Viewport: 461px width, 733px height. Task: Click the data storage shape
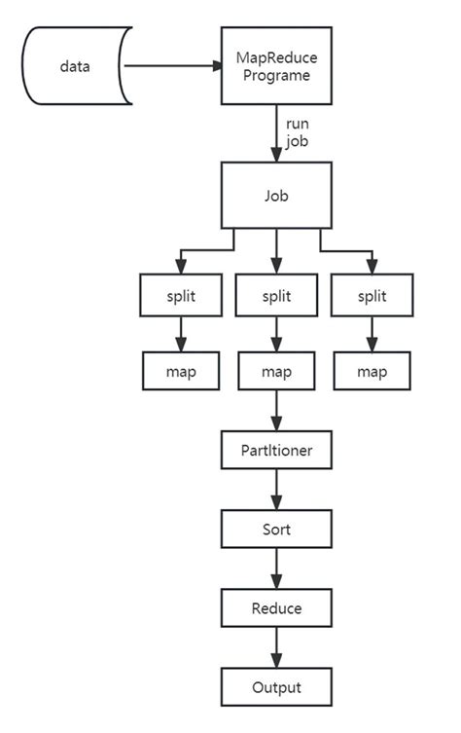[x=75, y=66]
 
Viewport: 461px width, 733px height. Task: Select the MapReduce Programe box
[x=277, y=65]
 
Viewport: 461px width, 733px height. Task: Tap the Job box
[x=277, y=195]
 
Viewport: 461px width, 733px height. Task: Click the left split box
[x=181, y=295]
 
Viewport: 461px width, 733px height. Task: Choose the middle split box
[x=277, y=295]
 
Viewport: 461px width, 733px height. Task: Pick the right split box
[x=372, y=295]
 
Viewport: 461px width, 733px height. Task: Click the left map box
[x=181, y=371]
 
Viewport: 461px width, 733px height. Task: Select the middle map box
[x=277, y=371]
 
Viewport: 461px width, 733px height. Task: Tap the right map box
[x=372, y=371]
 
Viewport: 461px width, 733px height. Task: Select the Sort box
[x=277, y=531]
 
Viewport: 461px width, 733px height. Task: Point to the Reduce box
[x=277, y=608]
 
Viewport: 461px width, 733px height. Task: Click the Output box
[x=277, y=686]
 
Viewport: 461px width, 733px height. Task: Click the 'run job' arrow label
[x=298, y=131]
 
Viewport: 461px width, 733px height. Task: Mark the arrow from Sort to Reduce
[x=277, y=569]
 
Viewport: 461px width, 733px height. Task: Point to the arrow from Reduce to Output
[x=277, y=647]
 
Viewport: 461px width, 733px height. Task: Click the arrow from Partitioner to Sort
[x=277, y=492]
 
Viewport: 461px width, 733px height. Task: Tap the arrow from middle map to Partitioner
[x=277, y=411]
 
